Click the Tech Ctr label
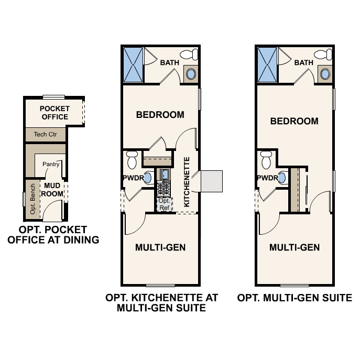click(x=45, y=134)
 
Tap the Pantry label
click(x=51, y=164)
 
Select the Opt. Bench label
click(x=32, y=199)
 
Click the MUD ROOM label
click(x=52, y=190)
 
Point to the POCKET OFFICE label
click(x=54, y=113)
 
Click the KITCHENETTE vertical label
click(x=187, y=182)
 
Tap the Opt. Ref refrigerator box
click(x=165, y=204)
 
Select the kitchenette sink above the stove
click(x=164, y=174)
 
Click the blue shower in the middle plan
click(x=134, y=65)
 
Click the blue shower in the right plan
click(x=267, y=65)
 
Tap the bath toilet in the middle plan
click(x=189, y=54)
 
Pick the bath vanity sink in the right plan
click(x=325, y=74)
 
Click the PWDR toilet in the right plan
click(x=266, y=160)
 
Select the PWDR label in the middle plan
click(x=134, y=178)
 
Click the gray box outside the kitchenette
click(x=212, y=181)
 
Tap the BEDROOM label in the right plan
click(x=294, y=121)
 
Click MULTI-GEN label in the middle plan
click(x=160, y=247)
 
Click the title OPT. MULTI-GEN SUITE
click(x=294, y=298)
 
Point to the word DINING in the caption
click(x=81, y=240)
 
